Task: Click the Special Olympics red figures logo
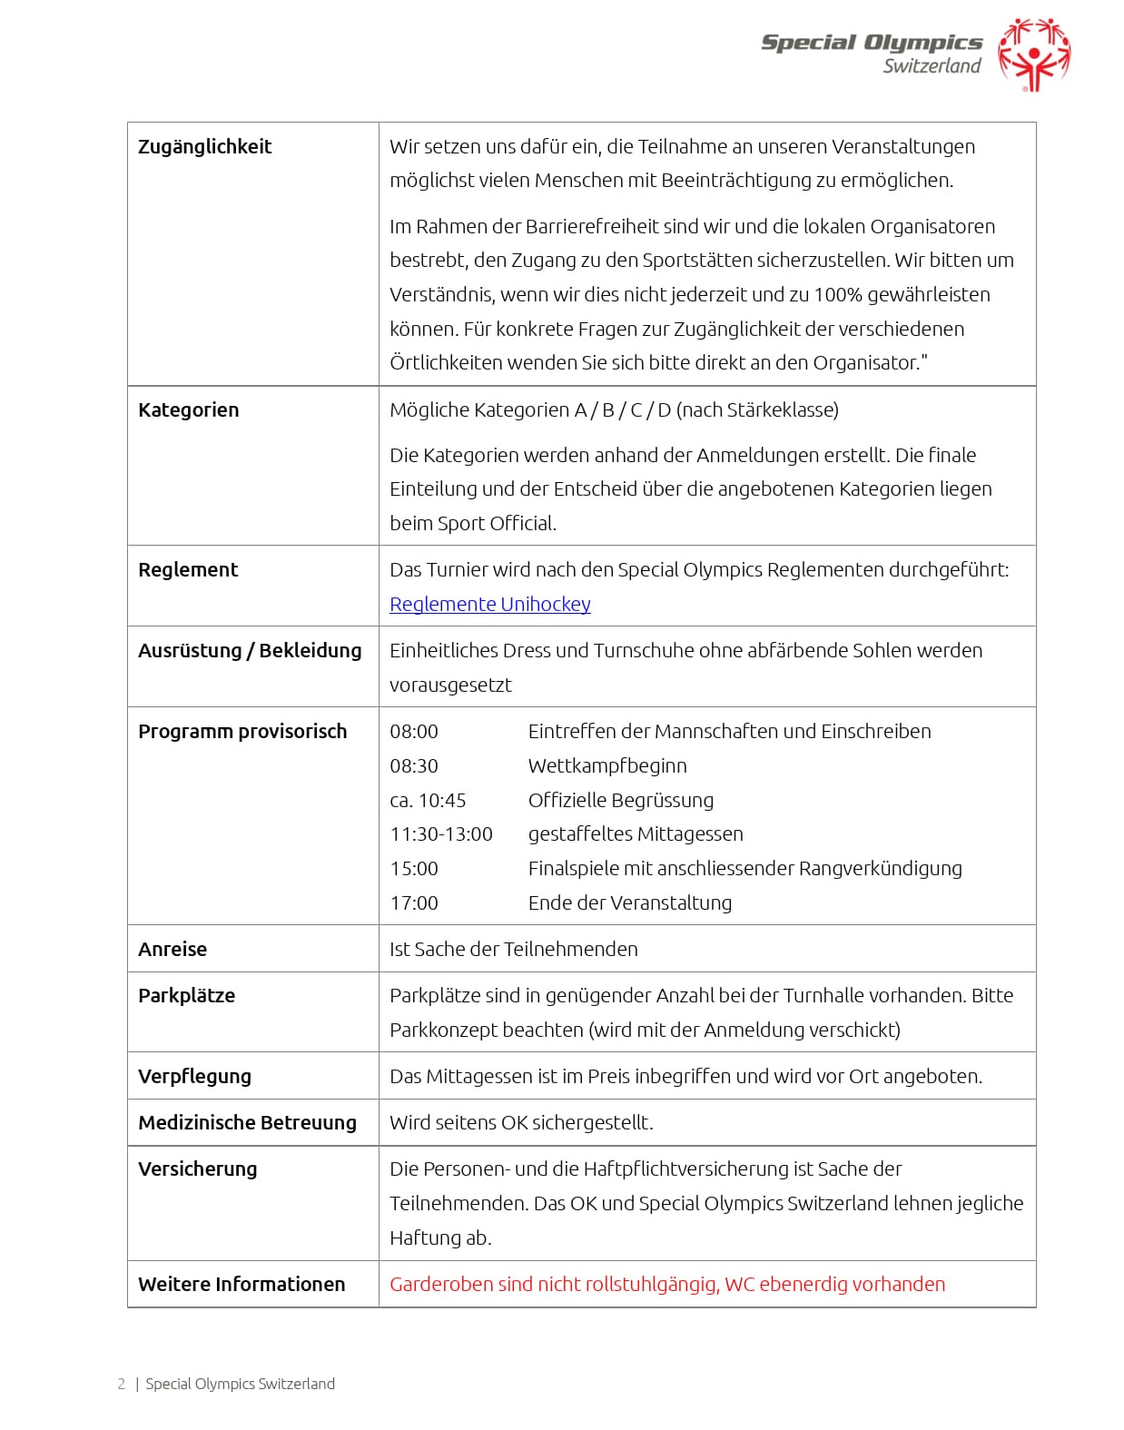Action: (x=1033, y=54)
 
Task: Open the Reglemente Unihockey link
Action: (x=489, y=605)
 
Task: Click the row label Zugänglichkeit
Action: (x=204, y=147)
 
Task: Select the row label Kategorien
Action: (x=188, y=410)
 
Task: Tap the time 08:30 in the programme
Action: (x=414, y=766)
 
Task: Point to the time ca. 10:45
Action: (x=428, y=801)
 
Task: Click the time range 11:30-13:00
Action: (x=441, y=834)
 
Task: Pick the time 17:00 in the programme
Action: (x=414, y=903)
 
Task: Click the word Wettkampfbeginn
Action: (x=607, y=766)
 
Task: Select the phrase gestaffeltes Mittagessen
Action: (x=636, y=834)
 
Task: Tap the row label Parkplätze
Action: (x=186, y=996)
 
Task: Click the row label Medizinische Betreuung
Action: (x=247, y=1123)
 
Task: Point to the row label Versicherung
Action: (x=197, y=1169)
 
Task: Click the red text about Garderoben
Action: (x=667, y=1285)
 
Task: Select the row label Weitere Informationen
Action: (x=242, y=1285)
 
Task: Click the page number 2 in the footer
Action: (x=122, y=1385)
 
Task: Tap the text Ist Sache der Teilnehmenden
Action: (x=514, y=950)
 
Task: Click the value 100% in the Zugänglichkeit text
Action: (x=837, y=295)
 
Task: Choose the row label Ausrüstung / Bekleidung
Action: (x=250, y=651)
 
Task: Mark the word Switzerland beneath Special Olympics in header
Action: (x=932, y=66)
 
